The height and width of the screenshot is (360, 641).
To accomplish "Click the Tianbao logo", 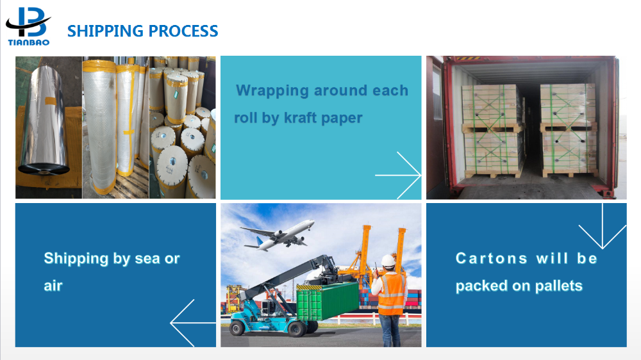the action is (28, 26).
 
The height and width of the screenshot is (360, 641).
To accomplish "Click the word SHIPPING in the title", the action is (105, 31).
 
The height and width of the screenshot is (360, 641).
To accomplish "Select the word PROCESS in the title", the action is (183, 31).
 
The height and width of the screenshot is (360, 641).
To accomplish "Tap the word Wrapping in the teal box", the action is (272, 91).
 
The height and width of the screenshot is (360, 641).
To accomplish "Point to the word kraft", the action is (301, 118).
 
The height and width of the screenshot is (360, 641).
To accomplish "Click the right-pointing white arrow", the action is (398, 176).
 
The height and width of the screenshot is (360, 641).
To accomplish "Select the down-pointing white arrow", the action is (603, 226).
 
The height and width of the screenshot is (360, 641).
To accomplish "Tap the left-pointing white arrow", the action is (193, 323).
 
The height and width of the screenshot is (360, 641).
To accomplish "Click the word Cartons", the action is (492, 258).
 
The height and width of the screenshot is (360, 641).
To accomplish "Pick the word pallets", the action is (559, 286).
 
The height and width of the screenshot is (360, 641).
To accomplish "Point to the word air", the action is (53, 286).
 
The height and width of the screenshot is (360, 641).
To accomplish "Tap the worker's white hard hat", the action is (388, 261).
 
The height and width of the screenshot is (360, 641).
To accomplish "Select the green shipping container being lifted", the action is (328, 301).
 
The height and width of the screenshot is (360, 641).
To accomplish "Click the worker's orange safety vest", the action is (391, 294).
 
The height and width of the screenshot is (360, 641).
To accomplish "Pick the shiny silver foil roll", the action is (44, 119).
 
